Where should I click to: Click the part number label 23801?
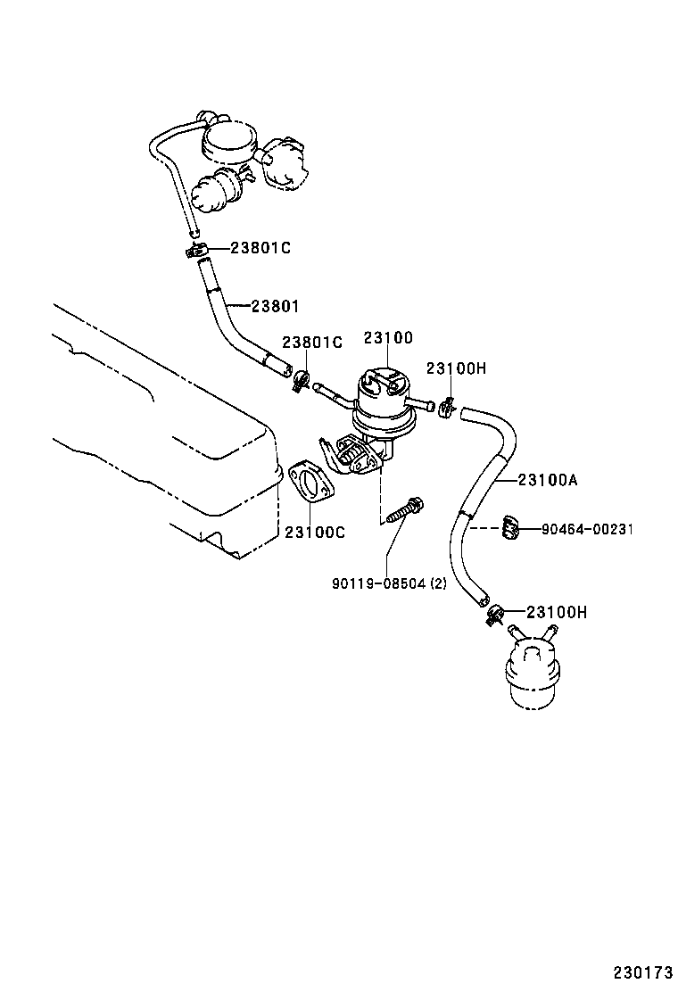coord(275,306)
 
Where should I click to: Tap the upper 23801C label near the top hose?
coord(260,248)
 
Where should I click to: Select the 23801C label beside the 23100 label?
coord(312,343)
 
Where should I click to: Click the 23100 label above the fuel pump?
coord(388,337)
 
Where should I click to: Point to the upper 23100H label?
coord(456,368)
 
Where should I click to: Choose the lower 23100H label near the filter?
coord(557,612)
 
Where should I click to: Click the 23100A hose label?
coord(548,480)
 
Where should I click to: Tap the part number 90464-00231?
coord(587,529)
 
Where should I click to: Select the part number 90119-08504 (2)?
coord(388,584)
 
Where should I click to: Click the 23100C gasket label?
coord(315,533)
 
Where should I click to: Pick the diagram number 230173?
coord(641,971)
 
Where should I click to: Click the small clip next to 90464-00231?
coord(509,528)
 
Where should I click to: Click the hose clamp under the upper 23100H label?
coord(448,408)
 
